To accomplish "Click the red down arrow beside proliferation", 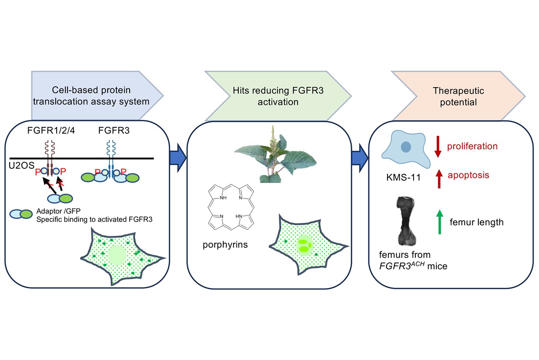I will click(x=438, y=147).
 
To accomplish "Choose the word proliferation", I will click(x=472, y=146).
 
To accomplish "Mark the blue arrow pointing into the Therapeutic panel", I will click(x=361, y=157).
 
